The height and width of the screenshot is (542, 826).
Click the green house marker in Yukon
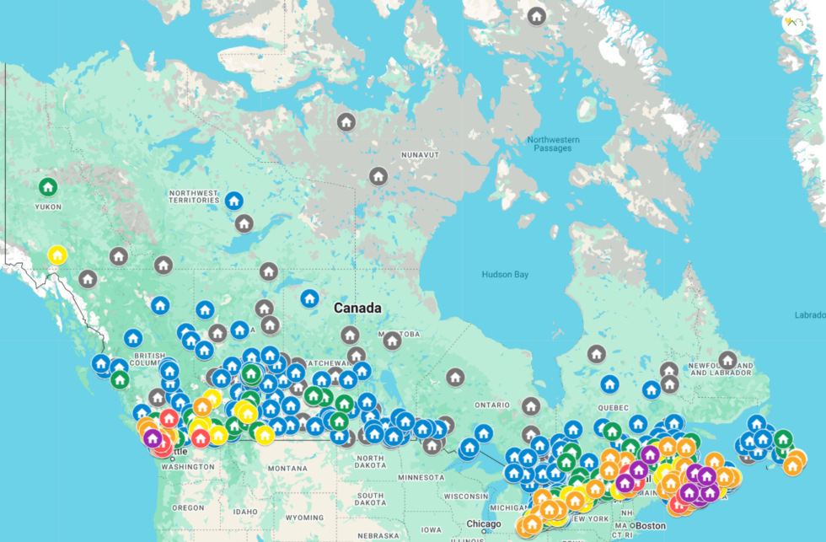point(48,186)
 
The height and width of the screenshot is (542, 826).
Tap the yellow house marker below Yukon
point(56,254)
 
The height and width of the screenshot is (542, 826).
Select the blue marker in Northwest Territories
point(234,201)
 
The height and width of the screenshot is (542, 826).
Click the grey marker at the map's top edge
point(536,15)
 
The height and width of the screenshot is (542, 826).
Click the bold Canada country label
point(357,309)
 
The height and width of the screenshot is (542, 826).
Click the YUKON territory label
point(48,207)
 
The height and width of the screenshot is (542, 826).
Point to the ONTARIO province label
point(492,405)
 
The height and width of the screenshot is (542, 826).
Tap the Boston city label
point(650,525)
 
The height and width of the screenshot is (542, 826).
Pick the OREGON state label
point(187,507)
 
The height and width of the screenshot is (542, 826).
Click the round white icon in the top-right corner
point(794,23)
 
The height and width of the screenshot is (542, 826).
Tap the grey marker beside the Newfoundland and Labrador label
point(727,360)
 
